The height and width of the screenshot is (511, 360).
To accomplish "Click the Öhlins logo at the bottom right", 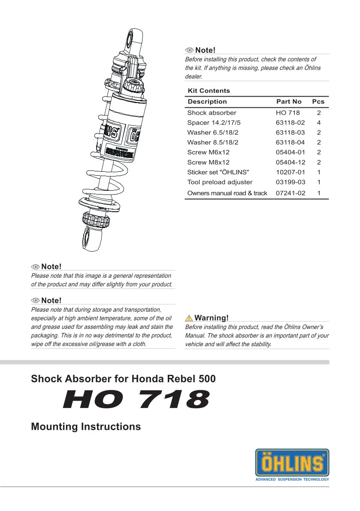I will (292, 462).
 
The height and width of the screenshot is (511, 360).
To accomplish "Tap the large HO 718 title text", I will (136, 399).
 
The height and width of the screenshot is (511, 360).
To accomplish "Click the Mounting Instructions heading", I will (86, 427).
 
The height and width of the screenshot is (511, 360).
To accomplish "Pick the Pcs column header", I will (318, 102).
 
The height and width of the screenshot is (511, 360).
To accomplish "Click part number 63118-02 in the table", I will (290, 123).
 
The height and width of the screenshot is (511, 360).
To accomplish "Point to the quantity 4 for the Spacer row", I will (318, 123).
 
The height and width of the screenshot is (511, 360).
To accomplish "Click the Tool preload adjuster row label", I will (220, 182).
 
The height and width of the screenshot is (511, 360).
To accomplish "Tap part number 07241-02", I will (290, 193).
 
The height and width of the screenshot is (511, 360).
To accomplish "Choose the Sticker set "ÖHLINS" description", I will (218, 172).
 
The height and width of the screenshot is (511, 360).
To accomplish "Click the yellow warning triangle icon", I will (189, 318).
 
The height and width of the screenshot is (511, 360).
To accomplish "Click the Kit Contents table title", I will (209, 91).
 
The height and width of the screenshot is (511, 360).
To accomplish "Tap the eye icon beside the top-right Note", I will (190, 51).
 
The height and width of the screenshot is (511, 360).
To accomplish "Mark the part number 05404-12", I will (290, 162).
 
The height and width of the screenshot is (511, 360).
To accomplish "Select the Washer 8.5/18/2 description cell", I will (212, 143).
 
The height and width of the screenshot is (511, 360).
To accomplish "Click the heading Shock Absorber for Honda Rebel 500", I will (123, 379).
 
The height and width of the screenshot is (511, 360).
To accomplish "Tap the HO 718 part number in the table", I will (287, 113).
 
